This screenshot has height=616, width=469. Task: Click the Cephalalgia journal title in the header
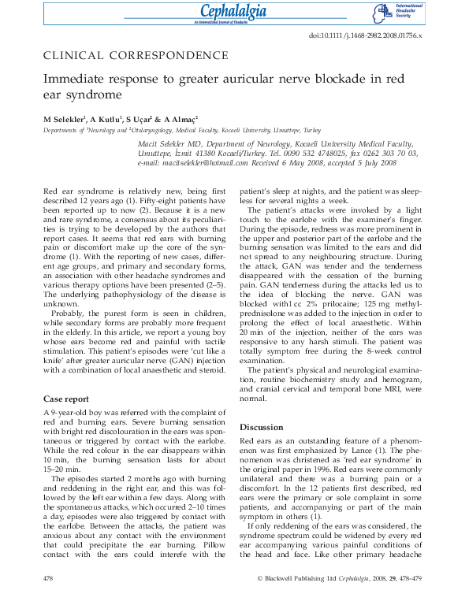pyautogui.click(x=234, y=11)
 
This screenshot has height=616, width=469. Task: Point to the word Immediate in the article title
pyautogui.click(x=76, y=80)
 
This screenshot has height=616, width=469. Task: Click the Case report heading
pyautogui.click(x=66, y=399)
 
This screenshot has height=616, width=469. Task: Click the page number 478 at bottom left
pyautogui.click(x=49, y=600)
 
